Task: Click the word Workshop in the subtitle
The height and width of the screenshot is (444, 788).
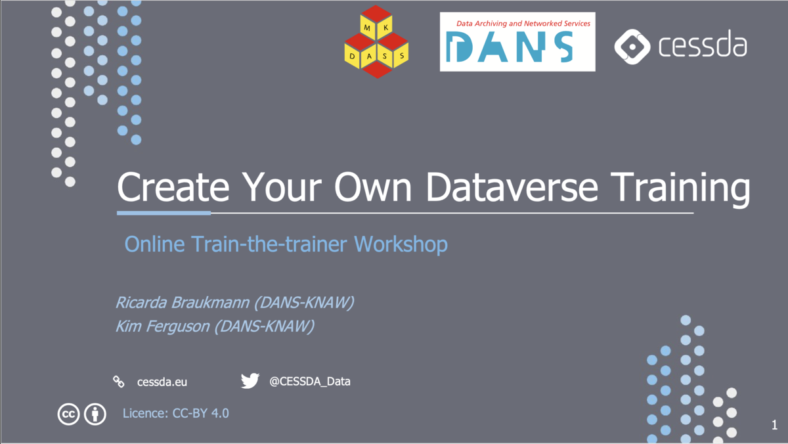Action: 401,245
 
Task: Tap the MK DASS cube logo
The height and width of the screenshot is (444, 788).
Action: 377,42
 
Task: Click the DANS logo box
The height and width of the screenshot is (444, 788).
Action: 517,41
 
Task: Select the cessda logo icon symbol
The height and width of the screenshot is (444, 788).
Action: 631,46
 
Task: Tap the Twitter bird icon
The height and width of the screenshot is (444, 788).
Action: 250,381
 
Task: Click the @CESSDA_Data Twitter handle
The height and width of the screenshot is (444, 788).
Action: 310,381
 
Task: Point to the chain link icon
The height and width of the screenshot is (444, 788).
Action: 119,381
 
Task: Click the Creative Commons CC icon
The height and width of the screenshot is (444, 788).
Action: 68,414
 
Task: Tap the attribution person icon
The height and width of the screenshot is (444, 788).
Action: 95,414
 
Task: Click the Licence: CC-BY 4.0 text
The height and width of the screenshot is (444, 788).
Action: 176,414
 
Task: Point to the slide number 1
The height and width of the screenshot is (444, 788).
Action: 774,426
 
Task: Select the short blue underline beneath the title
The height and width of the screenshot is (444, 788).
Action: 164,213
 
